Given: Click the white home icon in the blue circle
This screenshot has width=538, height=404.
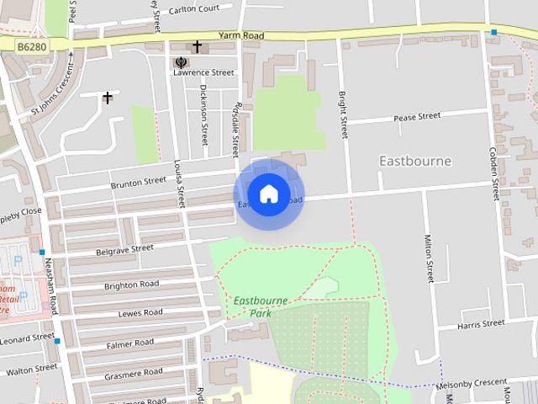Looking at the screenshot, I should (268, 194).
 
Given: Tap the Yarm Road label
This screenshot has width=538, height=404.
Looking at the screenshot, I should (240, 36).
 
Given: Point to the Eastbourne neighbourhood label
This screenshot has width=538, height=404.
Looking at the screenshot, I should (415, 161).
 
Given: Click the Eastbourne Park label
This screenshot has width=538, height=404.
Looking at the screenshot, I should (260, 306).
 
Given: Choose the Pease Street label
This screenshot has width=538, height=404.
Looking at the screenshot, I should (418, 116).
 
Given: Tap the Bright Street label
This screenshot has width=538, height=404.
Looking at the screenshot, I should (343, 115).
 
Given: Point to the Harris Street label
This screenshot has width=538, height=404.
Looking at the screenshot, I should (481, 324).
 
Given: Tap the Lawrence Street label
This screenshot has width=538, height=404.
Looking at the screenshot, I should (203, 73).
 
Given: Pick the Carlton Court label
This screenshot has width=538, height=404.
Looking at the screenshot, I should (194, 9).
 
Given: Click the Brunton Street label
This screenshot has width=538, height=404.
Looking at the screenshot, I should (139, 181).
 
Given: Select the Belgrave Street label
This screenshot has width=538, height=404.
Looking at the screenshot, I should (124, 249).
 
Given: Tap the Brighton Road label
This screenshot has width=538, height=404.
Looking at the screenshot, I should (131, 285).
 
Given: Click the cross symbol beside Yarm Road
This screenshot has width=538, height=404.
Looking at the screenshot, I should (198, 46).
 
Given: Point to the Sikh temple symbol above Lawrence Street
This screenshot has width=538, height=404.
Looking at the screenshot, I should (181, 61).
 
